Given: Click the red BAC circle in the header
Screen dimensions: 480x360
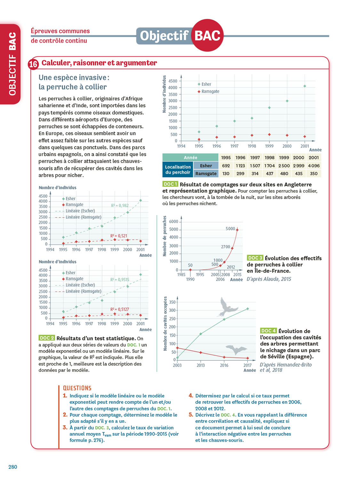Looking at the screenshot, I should [x=207, y=35].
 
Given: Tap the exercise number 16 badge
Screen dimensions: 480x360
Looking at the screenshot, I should [x=33, y=64].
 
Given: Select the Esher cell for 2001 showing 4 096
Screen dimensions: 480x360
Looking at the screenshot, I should [x=314, y=166].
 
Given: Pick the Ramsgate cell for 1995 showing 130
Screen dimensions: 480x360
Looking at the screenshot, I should [x=226, y=173].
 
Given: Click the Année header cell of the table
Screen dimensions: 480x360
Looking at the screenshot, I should [x=190, y=157].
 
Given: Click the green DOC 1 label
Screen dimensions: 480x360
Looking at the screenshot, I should [x=170, y=184].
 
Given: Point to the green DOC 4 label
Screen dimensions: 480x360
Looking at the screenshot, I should [x=268, y=331].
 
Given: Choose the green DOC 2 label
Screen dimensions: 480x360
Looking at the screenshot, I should [x=47, y=338].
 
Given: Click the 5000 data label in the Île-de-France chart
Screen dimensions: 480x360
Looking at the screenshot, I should [x=230, y=228].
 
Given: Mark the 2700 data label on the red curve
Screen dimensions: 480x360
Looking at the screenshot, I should [x=225, y=247].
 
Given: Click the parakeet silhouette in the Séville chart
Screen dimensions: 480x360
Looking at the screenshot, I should [x=228, y=307].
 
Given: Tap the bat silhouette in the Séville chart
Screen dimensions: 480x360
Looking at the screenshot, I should [x=236, y=349].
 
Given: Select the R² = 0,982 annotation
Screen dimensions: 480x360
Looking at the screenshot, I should [x=120, y=205].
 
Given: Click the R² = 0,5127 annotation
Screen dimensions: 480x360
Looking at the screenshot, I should [x=120, y=309].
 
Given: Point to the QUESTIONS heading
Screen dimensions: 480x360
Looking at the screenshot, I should [x=77, y=388].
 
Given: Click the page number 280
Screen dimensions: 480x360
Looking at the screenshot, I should [x=13, y=467].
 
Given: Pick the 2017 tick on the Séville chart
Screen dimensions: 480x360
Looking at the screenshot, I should [x=247, y=365].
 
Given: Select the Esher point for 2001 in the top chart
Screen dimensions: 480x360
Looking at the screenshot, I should [x=305, y=86].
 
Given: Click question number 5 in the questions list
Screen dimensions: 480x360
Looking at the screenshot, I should [x=191, y=415].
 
